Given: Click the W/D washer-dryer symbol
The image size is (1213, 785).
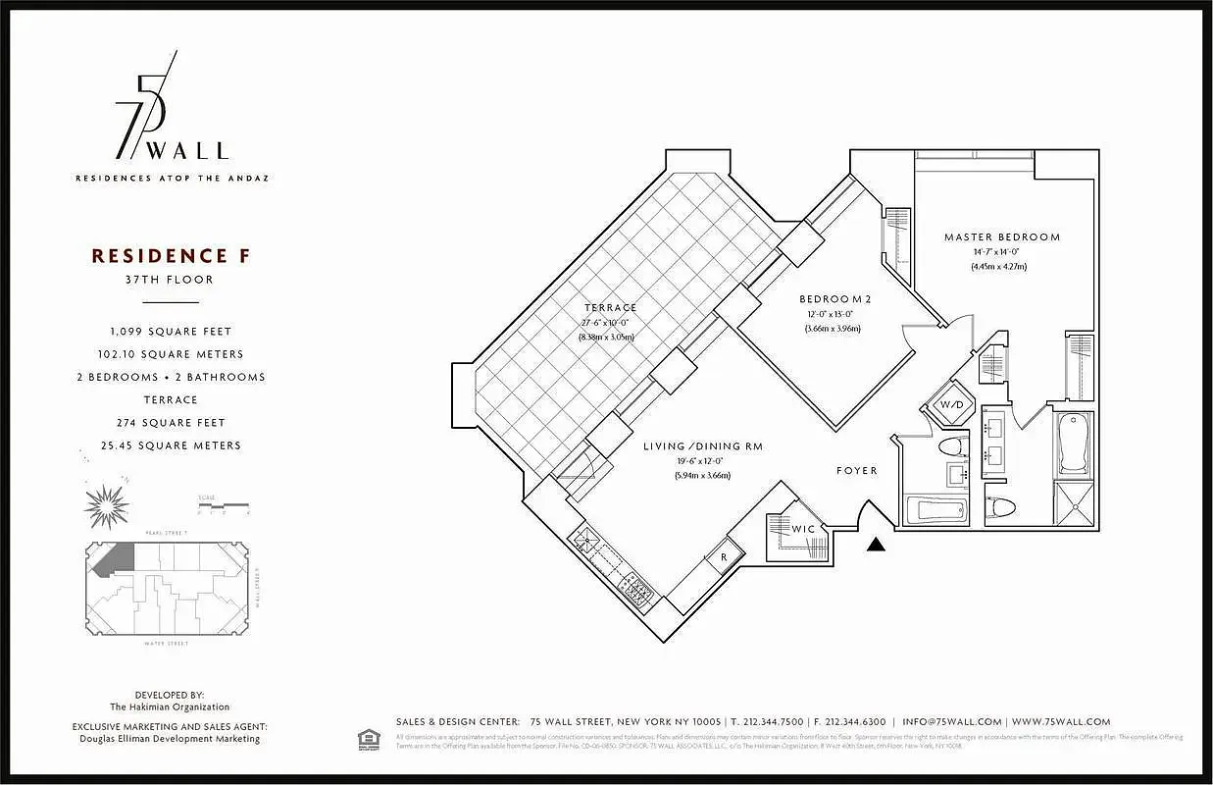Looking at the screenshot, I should [951, 404].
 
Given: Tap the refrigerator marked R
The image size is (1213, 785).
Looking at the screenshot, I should [724, 556].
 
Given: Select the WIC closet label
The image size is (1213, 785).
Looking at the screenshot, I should [803, 530].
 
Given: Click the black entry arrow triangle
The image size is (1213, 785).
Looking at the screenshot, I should [877, 544].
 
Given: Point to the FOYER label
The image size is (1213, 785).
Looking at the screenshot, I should [856, 471].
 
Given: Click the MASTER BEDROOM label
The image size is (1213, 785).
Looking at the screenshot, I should [1001, 237].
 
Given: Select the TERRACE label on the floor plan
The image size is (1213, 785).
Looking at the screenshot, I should [610, 308].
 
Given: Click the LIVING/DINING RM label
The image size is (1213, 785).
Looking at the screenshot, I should [702, 446].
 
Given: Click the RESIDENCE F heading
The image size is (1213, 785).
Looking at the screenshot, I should [171, 256].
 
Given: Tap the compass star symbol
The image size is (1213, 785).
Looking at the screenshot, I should [107, 505].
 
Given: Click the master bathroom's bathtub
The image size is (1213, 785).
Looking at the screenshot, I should [1075, 443].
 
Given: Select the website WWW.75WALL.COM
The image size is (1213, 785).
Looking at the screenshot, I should [1060, 721].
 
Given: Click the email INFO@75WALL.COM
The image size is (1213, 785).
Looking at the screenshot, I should [951, 721].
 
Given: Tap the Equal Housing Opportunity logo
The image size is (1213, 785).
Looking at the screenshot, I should [369, 736].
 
